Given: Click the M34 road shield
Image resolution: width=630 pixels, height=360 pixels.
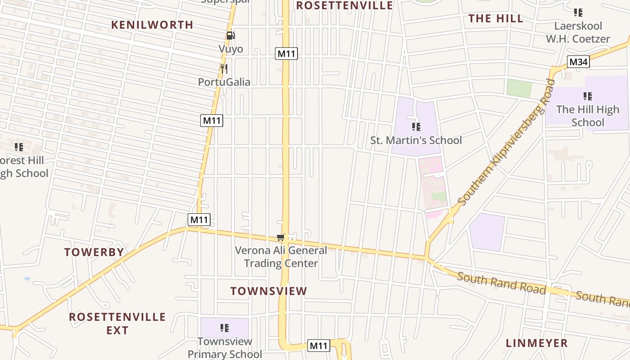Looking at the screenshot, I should [578, 62].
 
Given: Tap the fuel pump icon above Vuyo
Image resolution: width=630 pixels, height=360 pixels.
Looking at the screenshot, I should [230, 36].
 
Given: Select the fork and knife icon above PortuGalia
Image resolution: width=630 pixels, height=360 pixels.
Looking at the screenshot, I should [224, 69].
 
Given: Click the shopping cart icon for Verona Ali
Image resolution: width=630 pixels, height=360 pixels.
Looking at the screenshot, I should [281, 237].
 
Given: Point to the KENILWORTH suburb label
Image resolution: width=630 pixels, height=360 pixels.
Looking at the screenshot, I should [152, 25].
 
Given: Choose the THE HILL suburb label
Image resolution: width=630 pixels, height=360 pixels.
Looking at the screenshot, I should [496, 18].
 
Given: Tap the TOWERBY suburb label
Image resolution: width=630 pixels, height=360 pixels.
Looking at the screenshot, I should [94, 252].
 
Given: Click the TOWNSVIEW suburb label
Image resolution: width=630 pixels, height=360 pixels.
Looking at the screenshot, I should [269, 291].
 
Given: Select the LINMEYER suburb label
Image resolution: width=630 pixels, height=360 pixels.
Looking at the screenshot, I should [536, 343].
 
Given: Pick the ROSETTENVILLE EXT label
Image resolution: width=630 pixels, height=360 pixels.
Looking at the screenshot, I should [117, 323].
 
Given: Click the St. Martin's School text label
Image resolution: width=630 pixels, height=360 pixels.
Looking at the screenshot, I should [416, 140].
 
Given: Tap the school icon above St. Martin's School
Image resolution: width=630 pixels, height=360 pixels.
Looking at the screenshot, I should [416, 127].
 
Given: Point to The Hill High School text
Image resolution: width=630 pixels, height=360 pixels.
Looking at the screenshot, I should [587, 116].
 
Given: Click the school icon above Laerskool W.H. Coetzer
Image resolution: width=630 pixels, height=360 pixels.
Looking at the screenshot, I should [578, 13].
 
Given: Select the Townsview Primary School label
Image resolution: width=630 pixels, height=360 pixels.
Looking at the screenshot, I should [225, 348].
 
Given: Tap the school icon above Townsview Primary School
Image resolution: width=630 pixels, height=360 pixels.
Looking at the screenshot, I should [225, 328].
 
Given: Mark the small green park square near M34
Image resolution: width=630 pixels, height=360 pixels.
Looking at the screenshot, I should [519, 88].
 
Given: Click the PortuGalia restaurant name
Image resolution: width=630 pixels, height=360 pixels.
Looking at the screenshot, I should [224, 82].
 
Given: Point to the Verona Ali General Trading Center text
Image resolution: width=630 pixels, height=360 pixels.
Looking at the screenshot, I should [281, 256].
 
